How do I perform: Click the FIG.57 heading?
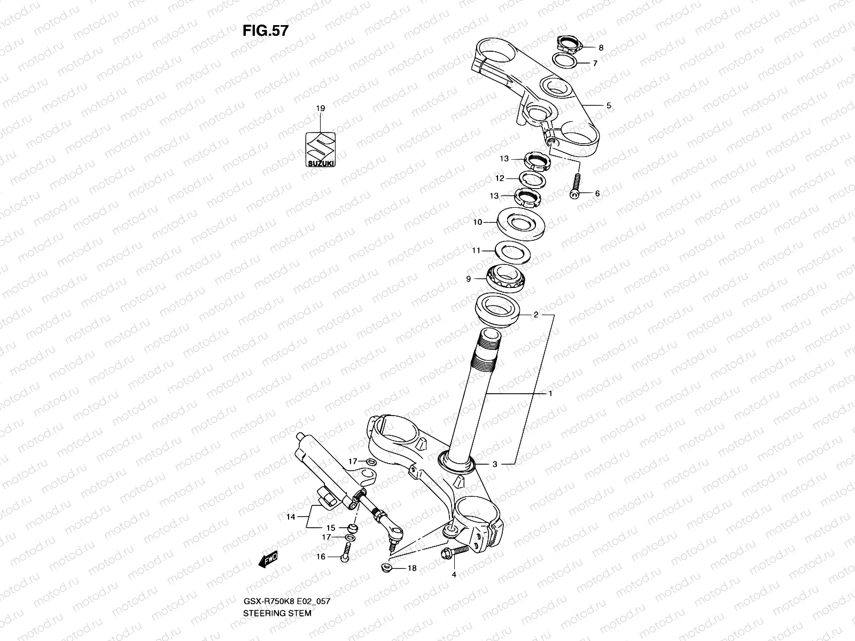(266, 30)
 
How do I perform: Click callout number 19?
(320, 108)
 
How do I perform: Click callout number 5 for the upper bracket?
(608, 106)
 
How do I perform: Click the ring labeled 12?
(532, 179)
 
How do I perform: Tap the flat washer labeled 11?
(512, 251)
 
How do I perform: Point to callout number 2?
(535, 315)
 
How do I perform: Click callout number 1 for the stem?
(550, 394)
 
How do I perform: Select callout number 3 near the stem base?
(495, 464)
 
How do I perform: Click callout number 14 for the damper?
(290, 517)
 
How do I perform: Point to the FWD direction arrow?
(268, 560)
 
